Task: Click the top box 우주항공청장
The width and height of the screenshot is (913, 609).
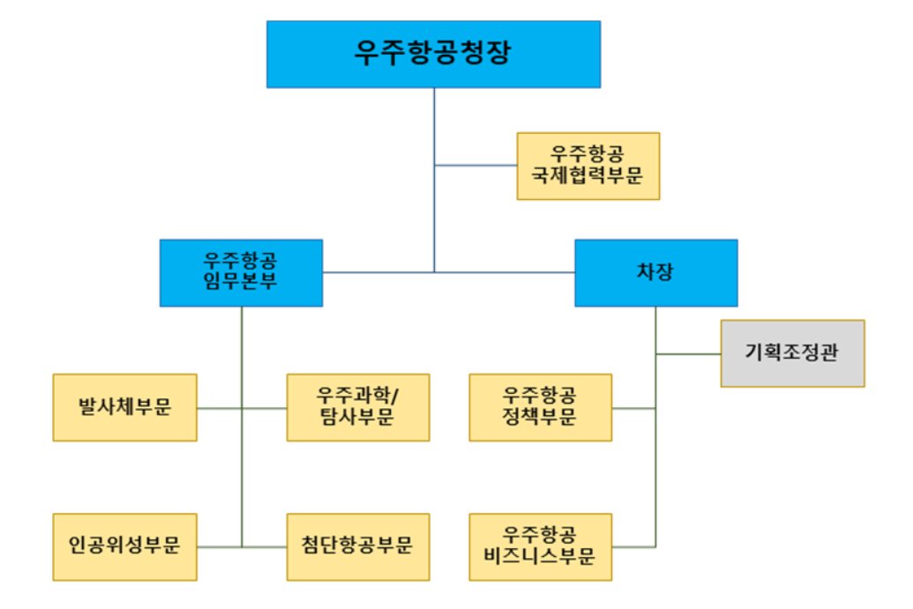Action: [x=433, y=54]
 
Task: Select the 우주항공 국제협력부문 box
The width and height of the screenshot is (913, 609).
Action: [x=587, y=166]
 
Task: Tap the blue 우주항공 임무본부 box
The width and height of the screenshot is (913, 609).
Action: [x=241, y=272]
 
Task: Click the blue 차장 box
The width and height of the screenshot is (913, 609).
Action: [x=655, y=272]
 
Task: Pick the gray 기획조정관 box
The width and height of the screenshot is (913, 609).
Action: [x=792, y=353]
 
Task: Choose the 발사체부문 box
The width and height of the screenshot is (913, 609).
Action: [x=124, y=407]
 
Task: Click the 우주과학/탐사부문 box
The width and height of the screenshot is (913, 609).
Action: [x=358, y=407]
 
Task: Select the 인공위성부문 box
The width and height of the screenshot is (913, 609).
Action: [x=124, y=546]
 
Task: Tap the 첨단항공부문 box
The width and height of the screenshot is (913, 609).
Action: [x=358, y=546]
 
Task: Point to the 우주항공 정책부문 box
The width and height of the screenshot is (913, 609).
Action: [x=540, y=407]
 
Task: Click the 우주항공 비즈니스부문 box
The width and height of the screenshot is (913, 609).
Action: [x=540, y=546]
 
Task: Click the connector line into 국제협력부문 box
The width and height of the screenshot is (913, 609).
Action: [x=475, y=165]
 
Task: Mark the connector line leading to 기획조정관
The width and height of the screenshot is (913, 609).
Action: [x=688, y=354]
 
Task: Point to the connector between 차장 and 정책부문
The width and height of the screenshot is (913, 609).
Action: [x=633, y=408]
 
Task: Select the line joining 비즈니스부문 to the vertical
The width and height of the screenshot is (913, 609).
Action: [x=633, y=546]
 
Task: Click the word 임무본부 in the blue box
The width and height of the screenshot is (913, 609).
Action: [x=241, y=283]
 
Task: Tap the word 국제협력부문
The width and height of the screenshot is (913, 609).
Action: [x=587, y=176]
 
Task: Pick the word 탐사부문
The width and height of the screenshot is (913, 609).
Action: [x=358, y=418]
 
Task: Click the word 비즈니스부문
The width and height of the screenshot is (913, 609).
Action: [x=540, y=557]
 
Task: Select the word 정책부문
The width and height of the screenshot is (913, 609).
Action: [x=540, y=418]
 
